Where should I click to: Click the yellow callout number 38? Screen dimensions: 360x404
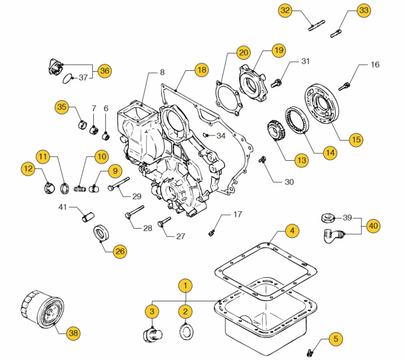[74, 333]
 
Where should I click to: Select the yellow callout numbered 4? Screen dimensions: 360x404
[291, 232]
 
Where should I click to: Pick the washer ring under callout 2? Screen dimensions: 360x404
[186, 331]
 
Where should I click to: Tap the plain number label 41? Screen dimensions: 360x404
[63, 207]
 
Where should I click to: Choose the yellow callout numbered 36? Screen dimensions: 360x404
[104, 71]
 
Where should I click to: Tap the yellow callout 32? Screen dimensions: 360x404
[286, 10]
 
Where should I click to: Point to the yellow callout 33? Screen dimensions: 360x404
[363, 10]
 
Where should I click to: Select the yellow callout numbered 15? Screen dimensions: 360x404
[356, 140]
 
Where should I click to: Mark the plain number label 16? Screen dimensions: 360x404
[375, 65]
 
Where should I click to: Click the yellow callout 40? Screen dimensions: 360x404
[372, 226]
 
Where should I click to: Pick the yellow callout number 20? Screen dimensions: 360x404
[244, 53]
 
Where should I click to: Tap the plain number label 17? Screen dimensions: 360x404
[237, 214]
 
